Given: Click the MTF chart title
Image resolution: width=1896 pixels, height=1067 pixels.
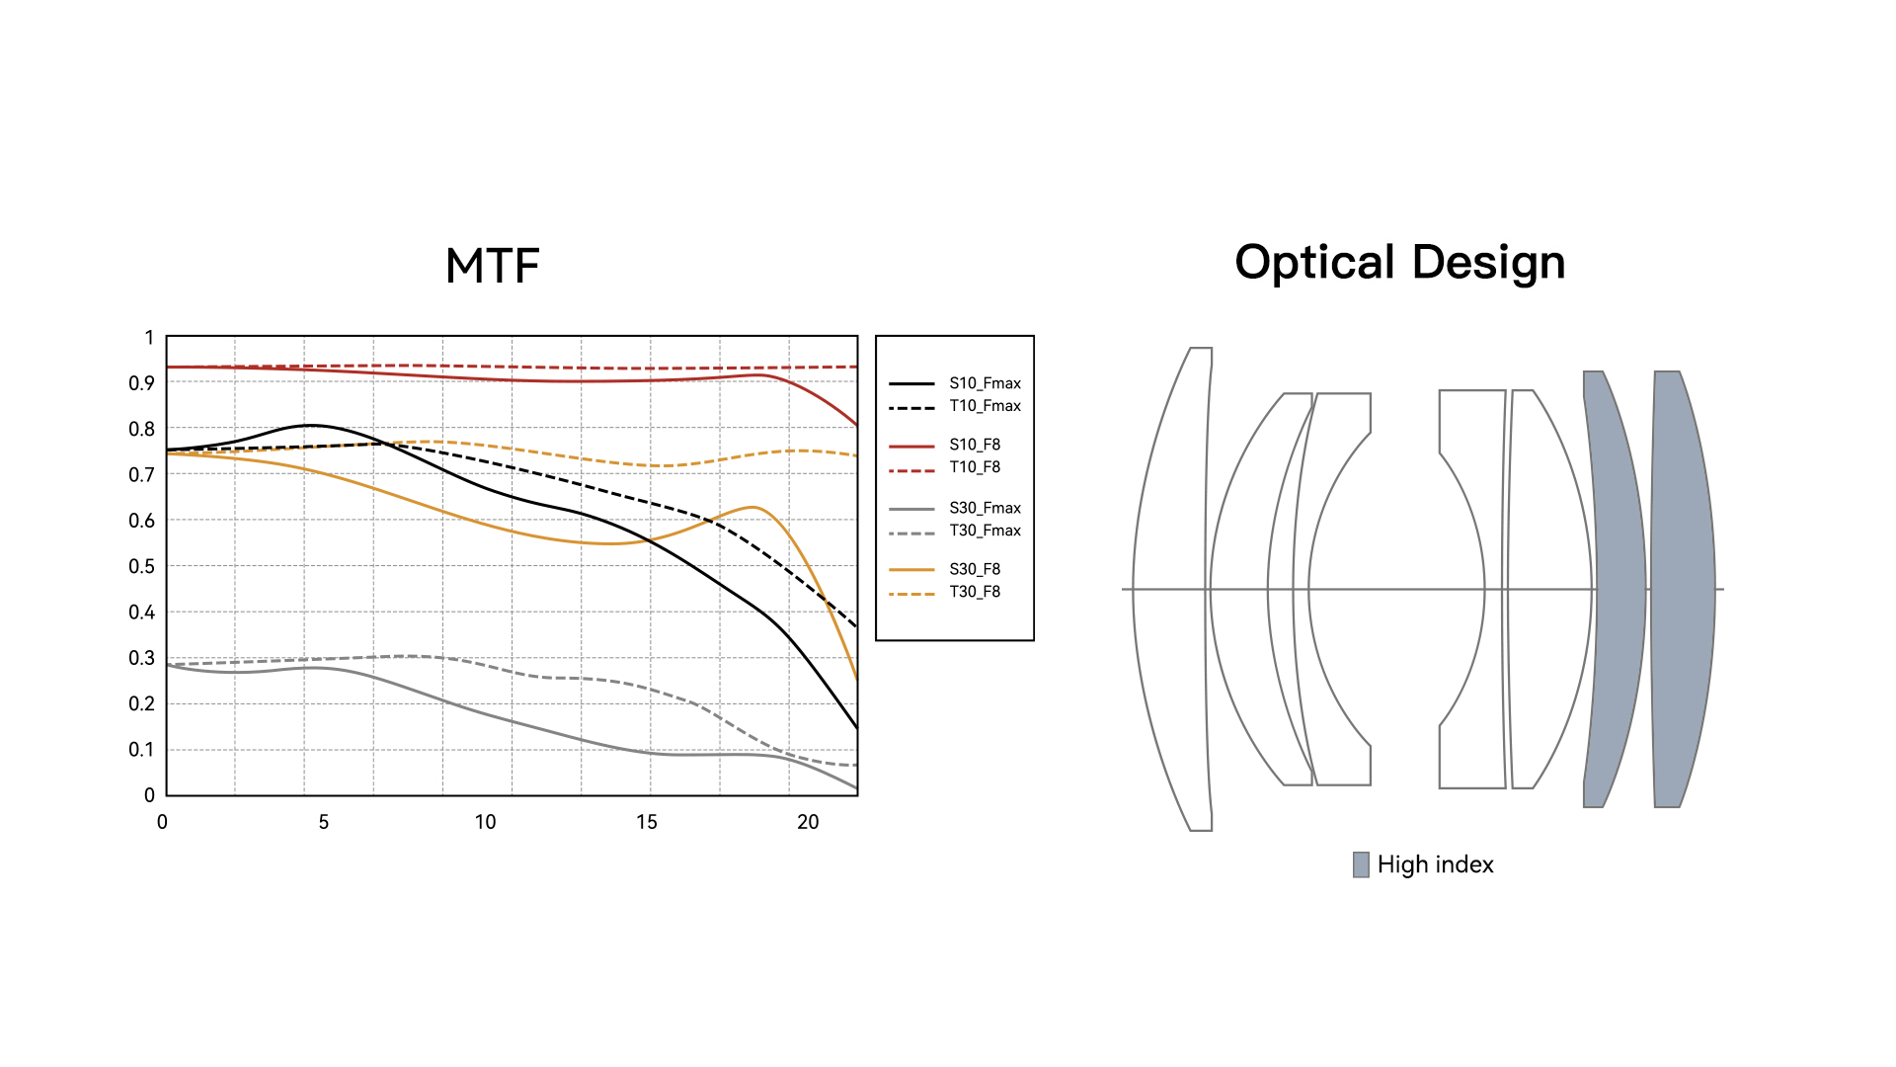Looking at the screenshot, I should click(x=492, y=266).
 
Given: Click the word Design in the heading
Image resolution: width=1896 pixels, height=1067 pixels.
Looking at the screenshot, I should click(x=1488, y=263).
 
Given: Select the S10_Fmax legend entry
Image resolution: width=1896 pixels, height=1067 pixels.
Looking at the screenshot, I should click(x=985, y=383).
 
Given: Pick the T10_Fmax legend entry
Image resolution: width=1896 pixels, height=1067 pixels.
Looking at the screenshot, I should click(x=985, y=406).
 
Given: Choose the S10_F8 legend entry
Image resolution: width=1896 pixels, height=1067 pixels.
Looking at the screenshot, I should click(x=975, y=445).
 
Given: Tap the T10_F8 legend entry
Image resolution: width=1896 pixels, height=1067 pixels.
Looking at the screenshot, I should click(x=975, y=467).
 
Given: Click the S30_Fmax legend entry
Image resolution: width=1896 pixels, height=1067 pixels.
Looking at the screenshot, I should click(x=985, y=508).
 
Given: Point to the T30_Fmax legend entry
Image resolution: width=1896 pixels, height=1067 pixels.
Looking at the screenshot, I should click(x=985, y=531).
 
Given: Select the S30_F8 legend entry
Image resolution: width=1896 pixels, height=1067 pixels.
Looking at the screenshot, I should click(x=975, y=569).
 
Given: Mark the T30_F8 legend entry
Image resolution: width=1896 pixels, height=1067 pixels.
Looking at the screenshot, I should click(x=975, y=592).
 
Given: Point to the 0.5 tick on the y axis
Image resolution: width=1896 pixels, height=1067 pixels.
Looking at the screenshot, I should click(x=141, y=566).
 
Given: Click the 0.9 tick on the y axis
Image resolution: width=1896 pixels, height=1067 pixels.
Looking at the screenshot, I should click(x=141, y=383).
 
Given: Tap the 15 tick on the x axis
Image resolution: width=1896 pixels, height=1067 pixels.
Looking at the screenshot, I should click(x=647, y=822).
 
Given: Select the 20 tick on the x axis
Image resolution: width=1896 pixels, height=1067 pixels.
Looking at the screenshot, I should click(x=808, y=822).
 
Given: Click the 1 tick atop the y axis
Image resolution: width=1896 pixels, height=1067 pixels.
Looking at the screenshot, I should click(x=149, y=338).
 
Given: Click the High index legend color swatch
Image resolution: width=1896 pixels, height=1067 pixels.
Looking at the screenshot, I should click(x=1361, y=864).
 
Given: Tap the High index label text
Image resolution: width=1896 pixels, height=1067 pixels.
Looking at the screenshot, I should click(x=1435, y=864).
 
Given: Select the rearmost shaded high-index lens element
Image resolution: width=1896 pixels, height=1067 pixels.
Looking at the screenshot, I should click(x=1683, y=589).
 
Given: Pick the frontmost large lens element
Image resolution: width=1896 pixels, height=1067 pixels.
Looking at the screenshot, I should click(x=1170, y=589).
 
